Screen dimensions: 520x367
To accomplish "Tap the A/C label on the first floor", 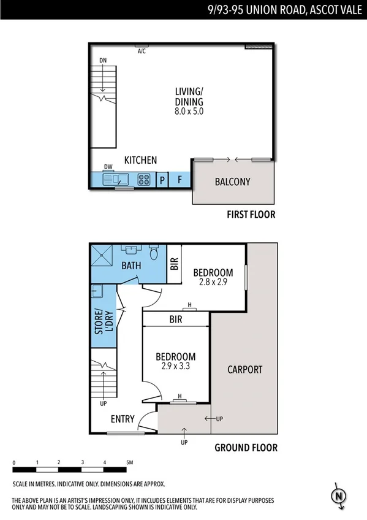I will point(142,51).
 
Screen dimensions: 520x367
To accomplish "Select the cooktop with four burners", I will point(144,180).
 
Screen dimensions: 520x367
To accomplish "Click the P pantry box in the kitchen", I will point(162,180).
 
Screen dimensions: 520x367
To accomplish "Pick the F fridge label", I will point(180,180).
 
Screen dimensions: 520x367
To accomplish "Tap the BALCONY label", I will point(233,182).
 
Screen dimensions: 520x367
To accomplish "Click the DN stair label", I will point(103,60).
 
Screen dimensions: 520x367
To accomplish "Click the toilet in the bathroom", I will point(154,252).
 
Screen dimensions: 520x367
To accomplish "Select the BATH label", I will point(131,266).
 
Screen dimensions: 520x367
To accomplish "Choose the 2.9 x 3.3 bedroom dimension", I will point(175,367).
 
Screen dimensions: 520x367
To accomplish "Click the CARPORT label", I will point(244,370).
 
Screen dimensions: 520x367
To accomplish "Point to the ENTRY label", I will point(123,419).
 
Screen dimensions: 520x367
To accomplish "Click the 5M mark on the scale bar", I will point(129,462).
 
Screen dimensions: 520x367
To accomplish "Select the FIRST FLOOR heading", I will point(251,215).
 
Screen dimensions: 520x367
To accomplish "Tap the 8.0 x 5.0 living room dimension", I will point(187,112).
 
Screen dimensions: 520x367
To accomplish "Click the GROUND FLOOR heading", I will point(246,448).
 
